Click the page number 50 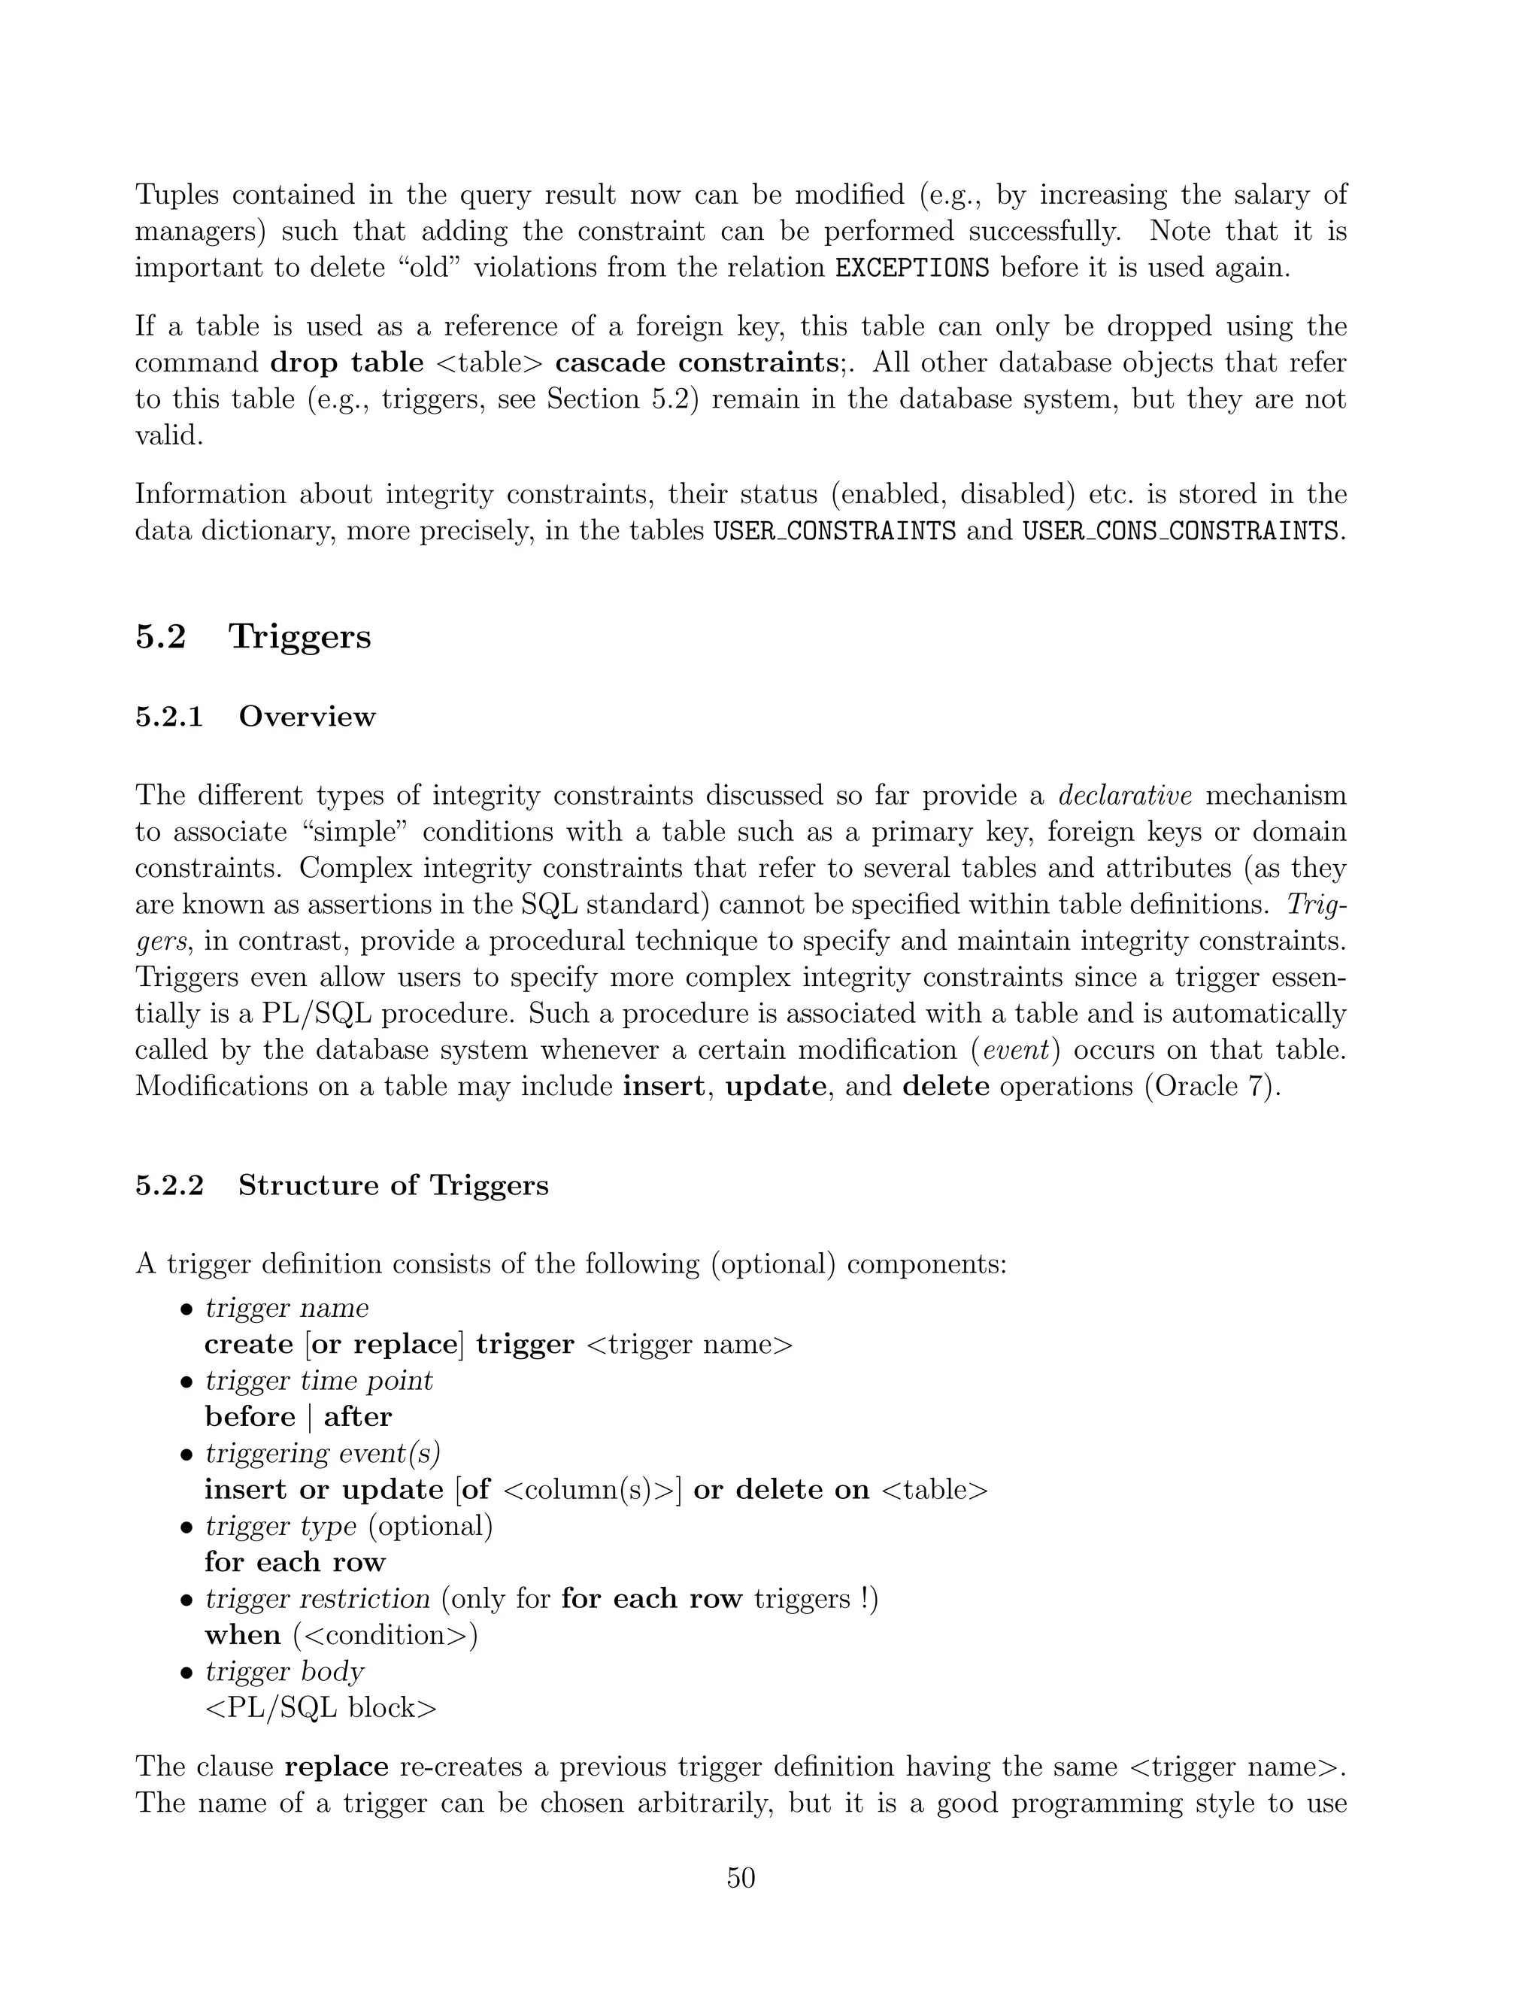point(741,1878)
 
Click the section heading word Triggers point(300,636)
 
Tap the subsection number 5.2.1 point(170,716)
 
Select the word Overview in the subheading point(307,716)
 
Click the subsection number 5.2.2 point(170,1185)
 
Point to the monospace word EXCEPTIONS point(912,268)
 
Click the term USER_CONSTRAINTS point(834,530)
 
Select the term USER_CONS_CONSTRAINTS point(1180,530)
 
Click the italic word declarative point(1125,795)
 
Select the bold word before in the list point(250,1417)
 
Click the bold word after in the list point(358,1417)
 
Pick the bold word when point(243,1634)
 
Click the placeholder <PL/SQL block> point(321,1707)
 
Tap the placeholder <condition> point(386,1634)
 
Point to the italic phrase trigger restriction point(317,1598)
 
